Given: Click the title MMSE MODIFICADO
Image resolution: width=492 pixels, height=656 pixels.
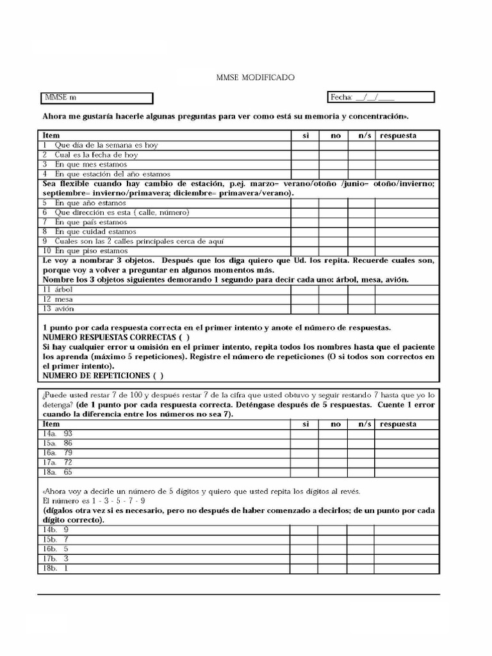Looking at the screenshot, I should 255,78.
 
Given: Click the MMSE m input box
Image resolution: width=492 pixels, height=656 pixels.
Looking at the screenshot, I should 97,98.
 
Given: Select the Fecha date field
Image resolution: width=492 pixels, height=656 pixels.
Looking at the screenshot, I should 381,97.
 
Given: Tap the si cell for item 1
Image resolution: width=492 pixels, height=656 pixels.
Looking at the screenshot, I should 305,145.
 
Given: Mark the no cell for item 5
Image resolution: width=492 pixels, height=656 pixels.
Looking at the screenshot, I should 334,203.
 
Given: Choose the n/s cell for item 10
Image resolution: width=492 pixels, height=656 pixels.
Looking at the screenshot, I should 361,251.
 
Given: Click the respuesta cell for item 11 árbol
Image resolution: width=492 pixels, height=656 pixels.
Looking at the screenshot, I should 407,290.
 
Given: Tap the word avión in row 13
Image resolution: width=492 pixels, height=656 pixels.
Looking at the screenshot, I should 64,309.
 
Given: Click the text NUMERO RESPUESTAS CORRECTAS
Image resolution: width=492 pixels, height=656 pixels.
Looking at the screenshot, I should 110,337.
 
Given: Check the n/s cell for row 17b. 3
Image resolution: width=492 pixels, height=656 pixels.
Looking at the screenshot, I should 361,559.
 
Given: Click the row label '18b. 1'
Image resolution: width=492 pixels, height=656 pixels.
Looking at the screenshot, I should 56,568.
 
